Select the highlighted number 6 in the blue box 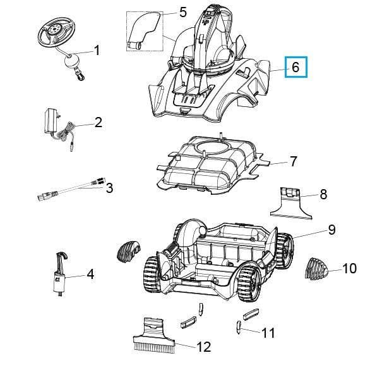(x=295, y=66)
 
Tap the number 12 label (x=203, y=346)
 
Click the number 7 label (x=292, y=162)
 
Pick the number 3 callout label (x=109, y=188)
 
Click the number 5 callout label (x=183, y=12)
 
